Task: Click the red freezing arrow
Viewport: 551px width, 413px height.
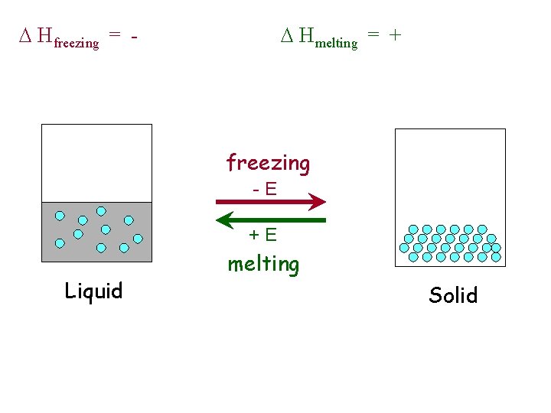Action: pyautogui.click(x=268, y=202)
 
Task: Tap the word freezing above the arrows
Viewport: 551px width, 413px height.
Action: pyautogui.click(x=268, y=163)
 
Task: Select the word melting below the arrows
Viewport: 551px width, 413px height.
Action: pyautogui.click(x=263, y=265)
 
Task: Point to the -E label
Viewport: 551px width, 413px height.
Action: pyautogui.click(x=265, y=187)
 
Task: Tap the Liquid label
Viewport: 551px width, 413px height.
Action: pyautogui.click(x=93, y=291)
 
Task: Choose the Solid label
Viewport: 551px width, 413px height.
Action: pyautogui.click(x=453, y=295)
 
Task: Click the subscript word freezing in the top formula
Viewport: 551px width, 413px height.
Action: pyautogui.click(x=77, y=43)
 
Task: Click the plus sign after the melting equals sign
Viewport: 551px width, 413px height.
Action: pyautogui.click(x=395, y=35)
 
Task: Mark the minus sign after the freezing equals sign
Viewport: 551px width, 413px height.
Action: pyautogui.click(x=134, y=36)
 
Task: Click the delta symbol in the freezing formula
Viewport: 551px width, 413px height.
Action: pyautogui.click(x=24, y=35)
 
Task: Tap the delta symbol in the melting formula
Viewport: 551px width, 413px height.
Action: pyautogui.click(x=285, y=35)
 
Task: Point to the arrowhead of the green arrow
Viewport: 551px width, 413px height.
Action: pyautogui.click(x=226, y=220)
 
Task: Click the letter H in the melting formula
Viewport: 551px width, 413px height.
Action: pyautogui.click(x=306, y=35)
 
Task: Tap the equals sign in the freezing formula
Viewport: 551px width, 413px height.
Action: pyautogui.click(x=114, y=36)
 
